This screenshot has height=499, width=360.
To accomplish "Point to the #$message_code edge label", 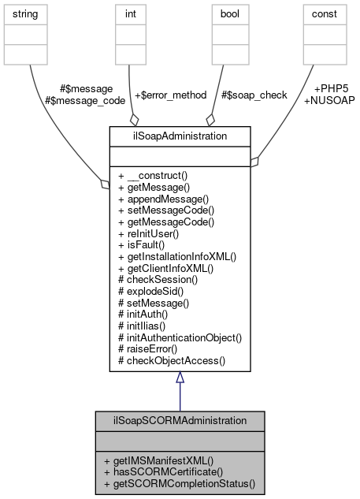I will point(79,100).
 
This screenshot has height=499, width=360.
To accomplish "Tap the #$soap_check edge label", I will point(254,95).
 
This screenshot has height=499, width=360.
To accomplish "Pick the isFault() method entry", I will point(145,245).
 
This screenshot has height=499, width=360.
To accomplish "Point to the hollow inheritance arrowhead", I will point(180,378).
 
